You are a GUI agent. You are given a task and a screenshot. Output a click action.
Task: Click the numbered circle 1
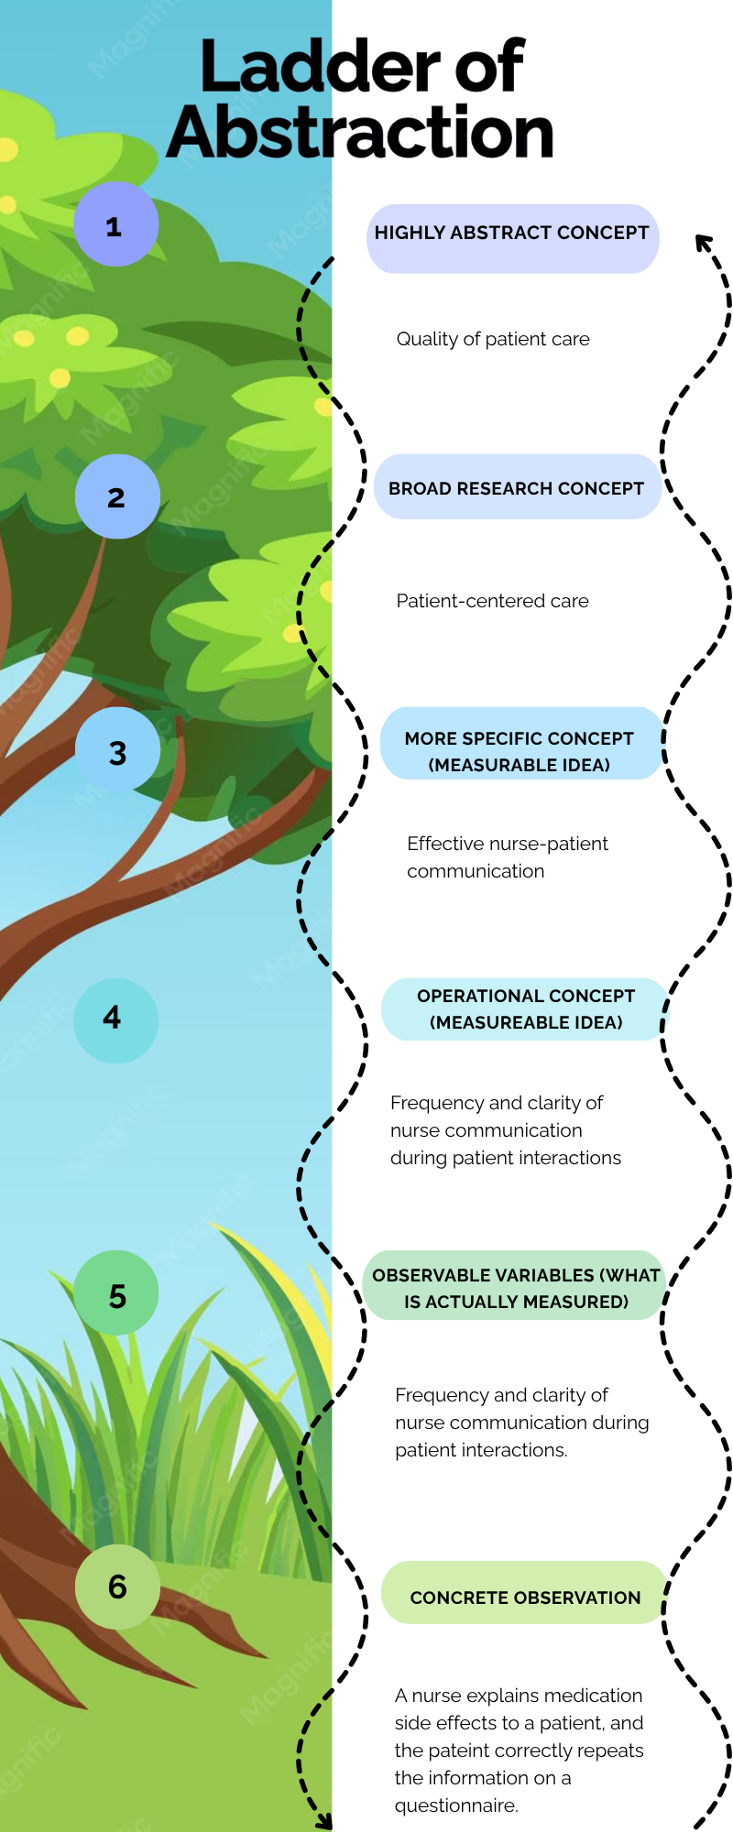(115, 224)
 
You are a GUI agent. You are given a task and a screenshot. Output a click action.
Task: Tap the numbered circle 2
(117, 496)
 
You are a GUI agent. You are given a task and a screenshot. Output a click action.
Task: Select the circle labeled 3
(117, 749)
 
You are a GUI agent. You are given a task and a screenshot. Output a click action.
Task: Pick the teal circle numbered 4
(115, 1020)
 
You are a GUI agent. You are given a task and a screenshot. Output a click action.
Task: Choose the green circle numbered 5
(116, 1292)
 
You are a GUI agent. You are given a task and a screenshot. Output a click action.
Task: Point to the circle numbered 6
(117, 1587)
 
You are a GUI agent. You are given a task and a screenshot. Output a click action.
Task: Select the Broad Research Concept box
(518, 486)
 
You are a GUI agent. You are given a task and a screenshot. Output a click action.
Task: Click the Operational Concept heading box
(525, 1009)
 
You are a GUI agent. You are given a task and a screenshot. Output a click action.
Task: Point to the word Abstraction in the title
(360, 133)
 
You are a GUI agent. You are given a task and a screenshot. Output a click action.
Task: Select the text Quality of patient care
(493, 339)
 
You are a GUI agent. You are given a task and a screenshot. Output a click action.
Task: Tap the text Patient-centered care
(492, 601)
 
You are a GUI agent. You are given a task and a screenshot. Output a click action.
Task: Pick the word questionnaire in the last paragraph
(456, 1805)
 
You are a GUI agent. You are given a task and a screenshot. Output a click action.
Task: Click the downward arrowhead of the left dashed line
(323, 1820)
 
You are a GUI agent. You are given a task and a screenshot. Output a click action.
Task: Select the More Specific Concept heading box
(520, 743)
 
